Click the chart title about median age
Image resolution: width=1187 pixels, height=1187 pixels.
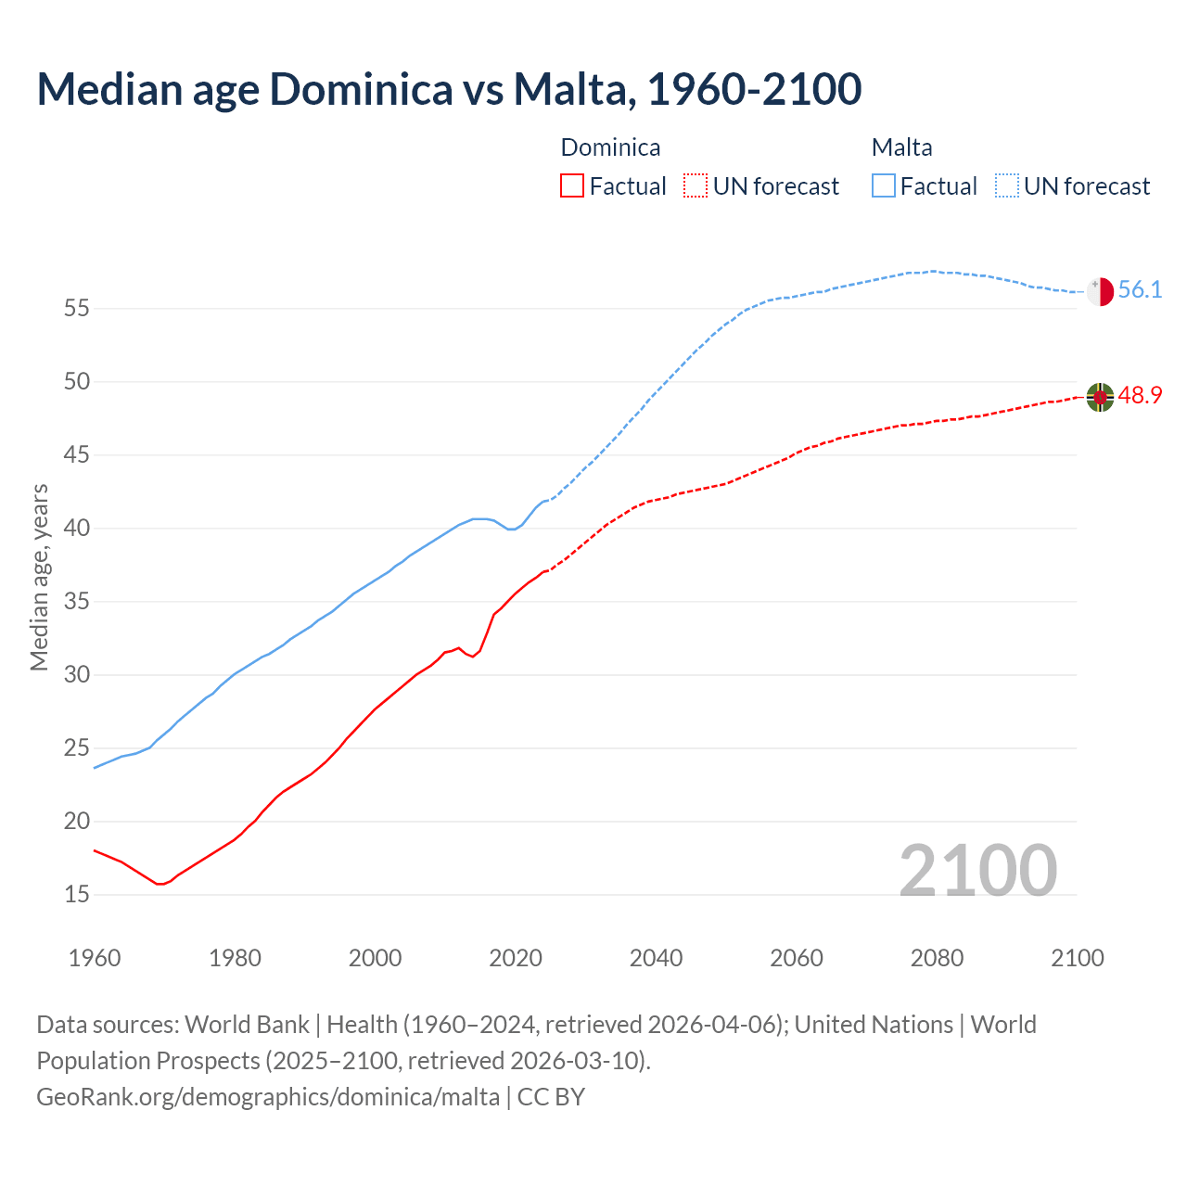[449, 89]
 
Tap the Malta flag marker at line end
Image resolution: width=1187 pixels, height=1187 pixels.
[1100, 291]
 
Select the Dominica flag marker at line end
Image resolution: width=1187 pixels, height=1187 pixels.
[1100, 397]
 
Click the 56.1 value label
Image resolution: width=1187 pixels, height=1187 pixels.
[1140, 290]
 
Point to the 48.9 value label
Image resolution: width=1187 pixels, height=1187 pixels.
[1140, 396]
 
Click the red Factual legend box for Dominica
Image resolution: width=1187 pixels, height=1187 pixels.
[572, 186]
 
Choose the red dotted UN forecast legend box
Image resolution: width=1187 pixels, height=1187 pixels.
[696, 186]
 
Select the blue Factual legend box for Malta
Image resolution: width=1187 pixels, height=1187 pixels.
[884, 186]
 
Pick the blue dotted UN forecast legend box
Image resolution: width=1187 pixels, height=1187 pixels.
[1007, 186]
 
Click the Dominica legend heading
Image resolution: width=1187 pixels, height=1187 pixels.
[610, 147]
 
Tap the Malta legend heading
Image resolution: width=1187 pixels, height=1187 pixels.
[901, 147]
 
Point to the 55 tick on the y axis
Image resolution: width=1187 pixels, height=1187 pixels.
[76, 309]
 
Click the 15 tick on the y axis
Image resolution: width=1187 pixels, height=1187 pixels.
[76, 895]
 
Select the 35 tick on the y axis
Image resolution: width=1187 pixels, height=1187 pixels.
[76, 602]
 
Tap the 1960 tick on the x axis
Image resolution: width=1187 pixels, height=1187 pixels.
[95, 958]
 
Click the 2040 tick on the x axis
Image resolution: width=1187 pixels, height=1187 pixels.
[656, 958]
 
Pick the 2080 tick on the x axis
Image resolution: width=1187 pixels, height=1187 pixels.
[937, 958]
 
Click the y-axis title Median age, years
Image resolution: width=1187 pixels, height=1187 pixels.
[39, 577]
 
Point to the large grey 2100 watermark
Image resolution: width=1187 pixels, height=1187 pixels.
[977, 870]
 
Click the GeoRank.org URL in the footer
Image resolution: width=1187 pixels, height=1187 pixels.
[267, 1097]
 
